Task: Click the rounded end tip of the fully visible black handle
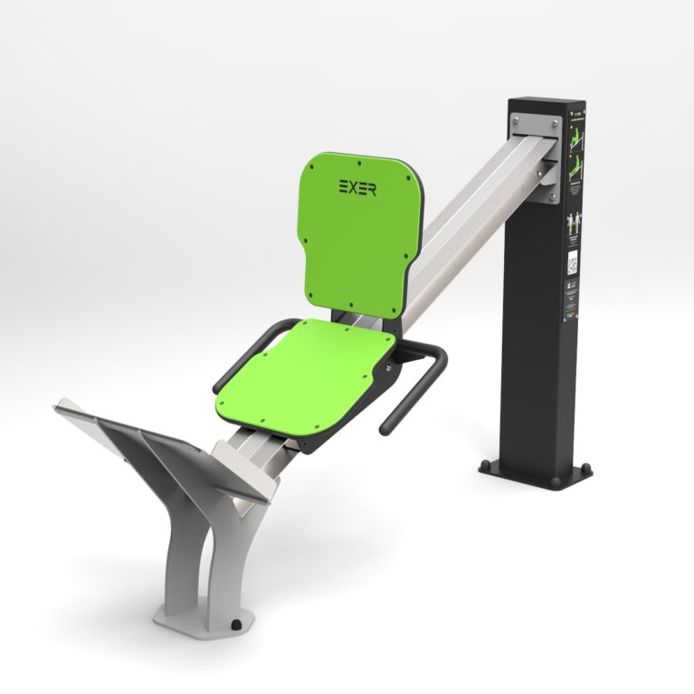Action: pyautogui.click(x=385, y=425)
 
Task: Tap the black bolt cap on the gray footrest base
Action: pyautogui.click(x=236, y=623)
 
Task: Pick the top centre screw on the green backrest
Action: pyautogui.click(x=360, y=164)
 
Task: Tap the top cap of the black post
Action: pyautogui.click(x=543, y=101)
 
